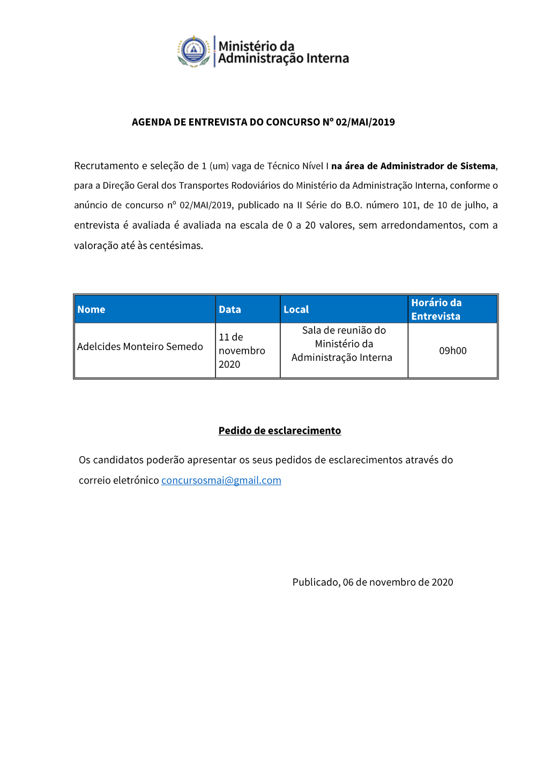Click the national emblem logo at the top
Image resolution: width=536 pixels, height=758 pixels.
pos(193,51)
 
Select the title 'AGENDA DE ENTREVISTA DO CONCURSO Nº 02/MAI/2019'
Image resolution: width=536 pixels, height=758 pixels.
pos(263,122)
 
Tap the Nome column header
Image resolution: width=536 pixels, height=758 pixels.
pos(91,309)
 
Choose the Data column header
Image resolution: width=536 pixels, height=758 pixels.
pos(230,309)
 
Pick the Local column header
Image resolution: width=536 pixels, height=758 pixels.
pos(296,309)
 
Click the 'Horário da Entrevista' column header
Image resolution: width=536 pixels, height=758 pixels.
pos(436,309)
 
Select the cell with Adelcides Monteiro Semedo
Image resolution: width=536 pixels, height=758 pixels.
pos(140,347)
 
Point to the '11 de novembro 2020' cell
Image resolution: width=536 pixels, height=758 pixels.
pos(242,351)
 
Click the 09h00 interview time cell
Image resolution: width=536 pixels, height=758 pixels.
pos(453,351)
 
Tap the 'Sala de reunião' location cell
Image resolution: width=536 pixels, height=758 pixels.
pos(344,344)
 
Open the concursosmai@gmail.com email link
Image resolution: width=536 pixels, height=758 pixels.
pos(221,480)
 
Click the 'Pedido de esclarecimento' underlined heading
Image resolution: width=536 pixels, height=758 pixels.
pos(279,430)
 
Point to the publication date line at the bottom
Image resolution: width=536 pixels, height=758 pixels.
pos(373,582)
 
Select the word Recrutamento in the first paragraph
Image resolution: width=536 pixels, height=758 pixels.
pos(106,166)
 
